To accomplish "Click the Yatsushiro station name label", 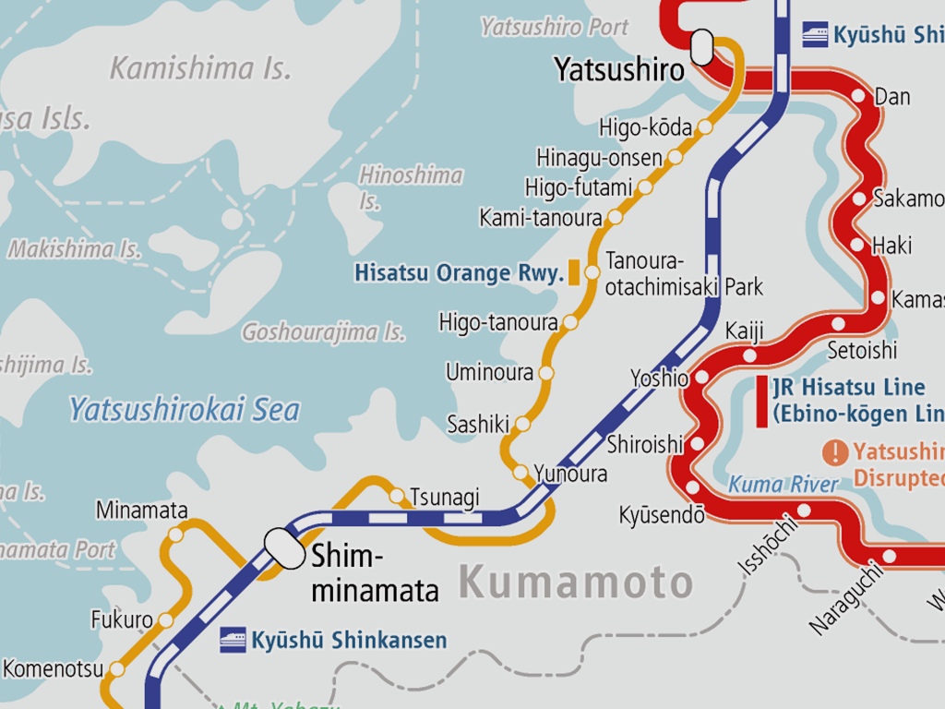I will point(619,69).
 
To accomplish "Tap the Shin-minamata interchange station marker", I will point(284,548).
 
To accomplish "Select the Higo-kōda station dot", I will point(705,127).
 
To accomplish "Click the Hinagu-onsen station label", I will point(599,158).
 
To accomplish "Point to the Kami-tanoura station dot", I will point(616,218).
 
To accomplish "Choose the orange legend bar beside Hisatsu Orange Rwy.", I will point(574,272).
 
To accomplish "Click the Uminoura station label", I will point(489,373).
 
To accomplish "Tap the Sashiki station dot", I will point(523,424).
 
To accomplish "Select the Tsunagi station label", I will point(445,498).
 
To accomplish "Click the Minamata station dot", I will point(175,535).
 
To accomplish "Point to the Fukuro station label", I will point(121,619).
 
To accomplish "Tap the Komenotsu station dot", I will point(117,669).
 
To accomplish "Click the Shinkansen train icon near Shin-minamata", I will point(233,640).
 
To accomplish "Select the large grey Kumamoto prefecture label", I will point(575,583).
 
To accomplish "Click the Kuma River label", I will point(784,484).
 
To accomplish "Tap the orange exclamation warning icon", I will point(835,452).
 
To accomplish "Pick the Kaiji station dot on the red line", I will point(749,355).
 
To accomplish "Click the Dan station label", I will point(892,97).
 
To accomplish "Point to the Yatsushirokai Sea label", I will point(185,409).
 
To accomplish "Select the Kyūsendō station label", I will point(662,515).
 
